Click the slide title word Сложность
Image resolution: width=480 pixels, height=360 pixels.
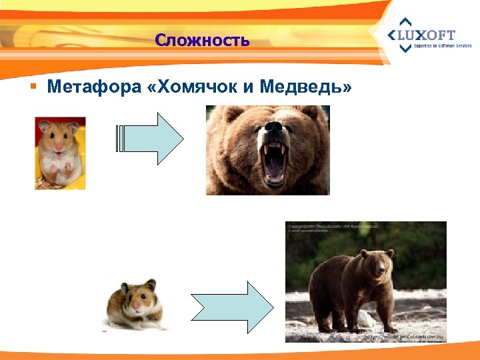(x=202, y=41)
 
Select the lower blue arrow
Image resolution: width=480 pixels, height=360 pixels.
(x=233, y=307)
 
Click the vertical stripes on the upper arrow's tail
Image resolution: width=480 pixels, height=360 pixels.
(x=121, y=138)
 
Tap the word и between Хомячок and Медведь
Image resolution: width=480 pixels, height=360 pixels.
(x=251, y=87)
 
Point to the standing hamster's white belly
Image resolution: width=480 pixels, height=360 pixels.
(x=58, y=163)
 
